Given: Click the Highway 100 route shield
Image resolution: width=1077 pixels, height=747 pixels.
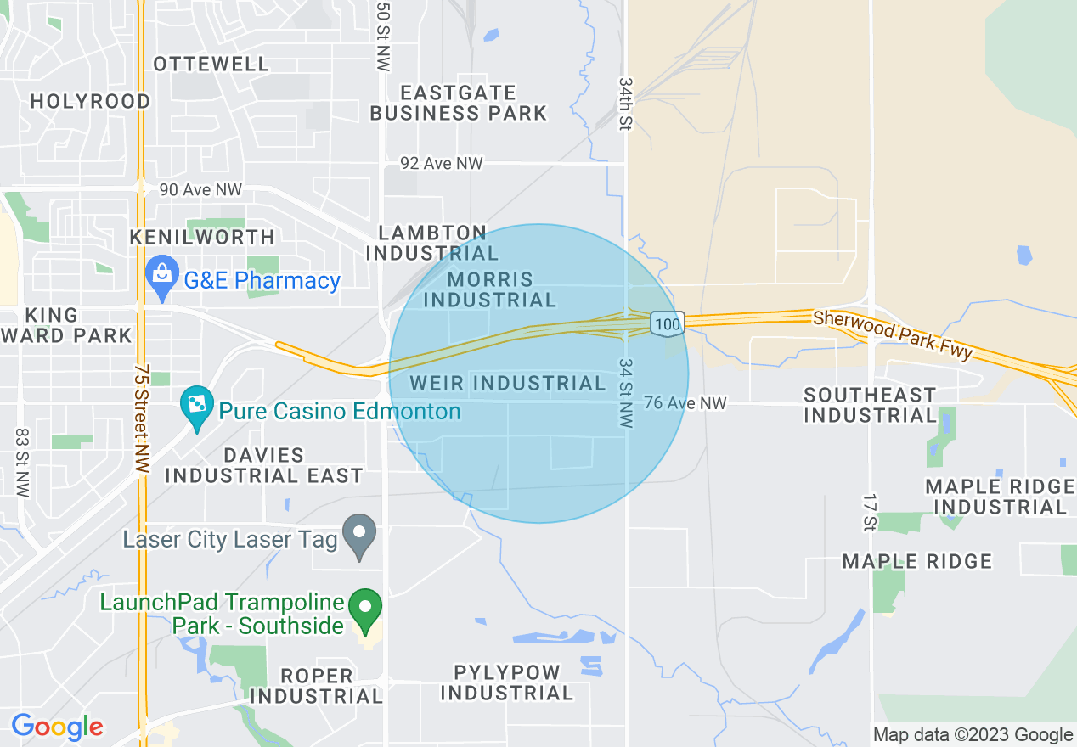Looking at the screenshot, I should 668,323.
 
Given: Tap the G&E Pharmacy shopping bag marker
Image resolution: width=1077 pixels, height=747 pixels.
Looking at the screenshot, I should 161,276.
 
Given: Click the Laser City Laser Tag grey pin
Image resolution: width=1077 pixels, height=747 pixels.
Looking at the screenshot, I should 359,536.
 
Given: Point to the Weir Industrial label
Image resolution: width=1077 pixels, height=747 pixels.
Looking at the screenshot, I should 507,384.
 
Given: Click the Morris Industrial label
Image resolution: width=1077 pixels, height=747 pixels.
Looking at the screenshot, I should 490,289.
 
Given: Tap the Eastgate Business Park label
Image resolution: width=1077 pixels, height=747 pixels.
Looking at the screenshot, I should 459,103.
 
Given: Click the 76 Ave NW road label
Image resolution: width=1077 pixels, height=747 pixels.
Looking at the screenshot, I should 685,403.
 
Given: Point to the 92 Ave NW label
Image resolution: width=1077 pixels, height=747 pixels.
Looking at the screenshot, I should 442,163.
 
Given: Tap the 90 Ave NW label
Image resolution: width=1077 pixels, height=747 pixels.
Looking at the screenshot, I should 200,189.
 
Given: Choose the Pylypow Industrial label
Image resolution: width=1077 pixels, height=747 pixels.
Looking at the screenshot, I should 506,682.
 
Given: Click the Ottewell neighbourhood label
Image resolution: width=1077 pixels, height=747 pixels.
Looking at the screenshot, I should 211,64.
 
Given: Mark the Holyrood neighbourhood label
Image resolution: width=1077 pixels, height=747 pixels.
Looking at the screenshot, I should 90,101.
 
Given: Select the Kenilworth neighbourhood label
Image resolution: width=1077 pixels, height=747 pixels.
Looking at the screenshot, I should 202,237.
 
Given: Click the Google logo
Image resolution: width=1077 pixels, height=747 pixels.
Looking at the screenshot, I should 57,727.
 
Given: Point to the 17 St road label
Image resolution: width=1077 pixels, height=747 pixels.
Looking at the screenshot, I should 868,510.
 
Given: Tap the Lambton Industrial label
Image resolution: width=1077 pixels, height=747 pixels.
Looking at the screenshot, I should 432,243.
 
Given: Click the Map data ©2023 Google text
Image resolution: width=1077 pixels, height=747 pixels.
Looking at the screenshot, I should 973,734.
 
